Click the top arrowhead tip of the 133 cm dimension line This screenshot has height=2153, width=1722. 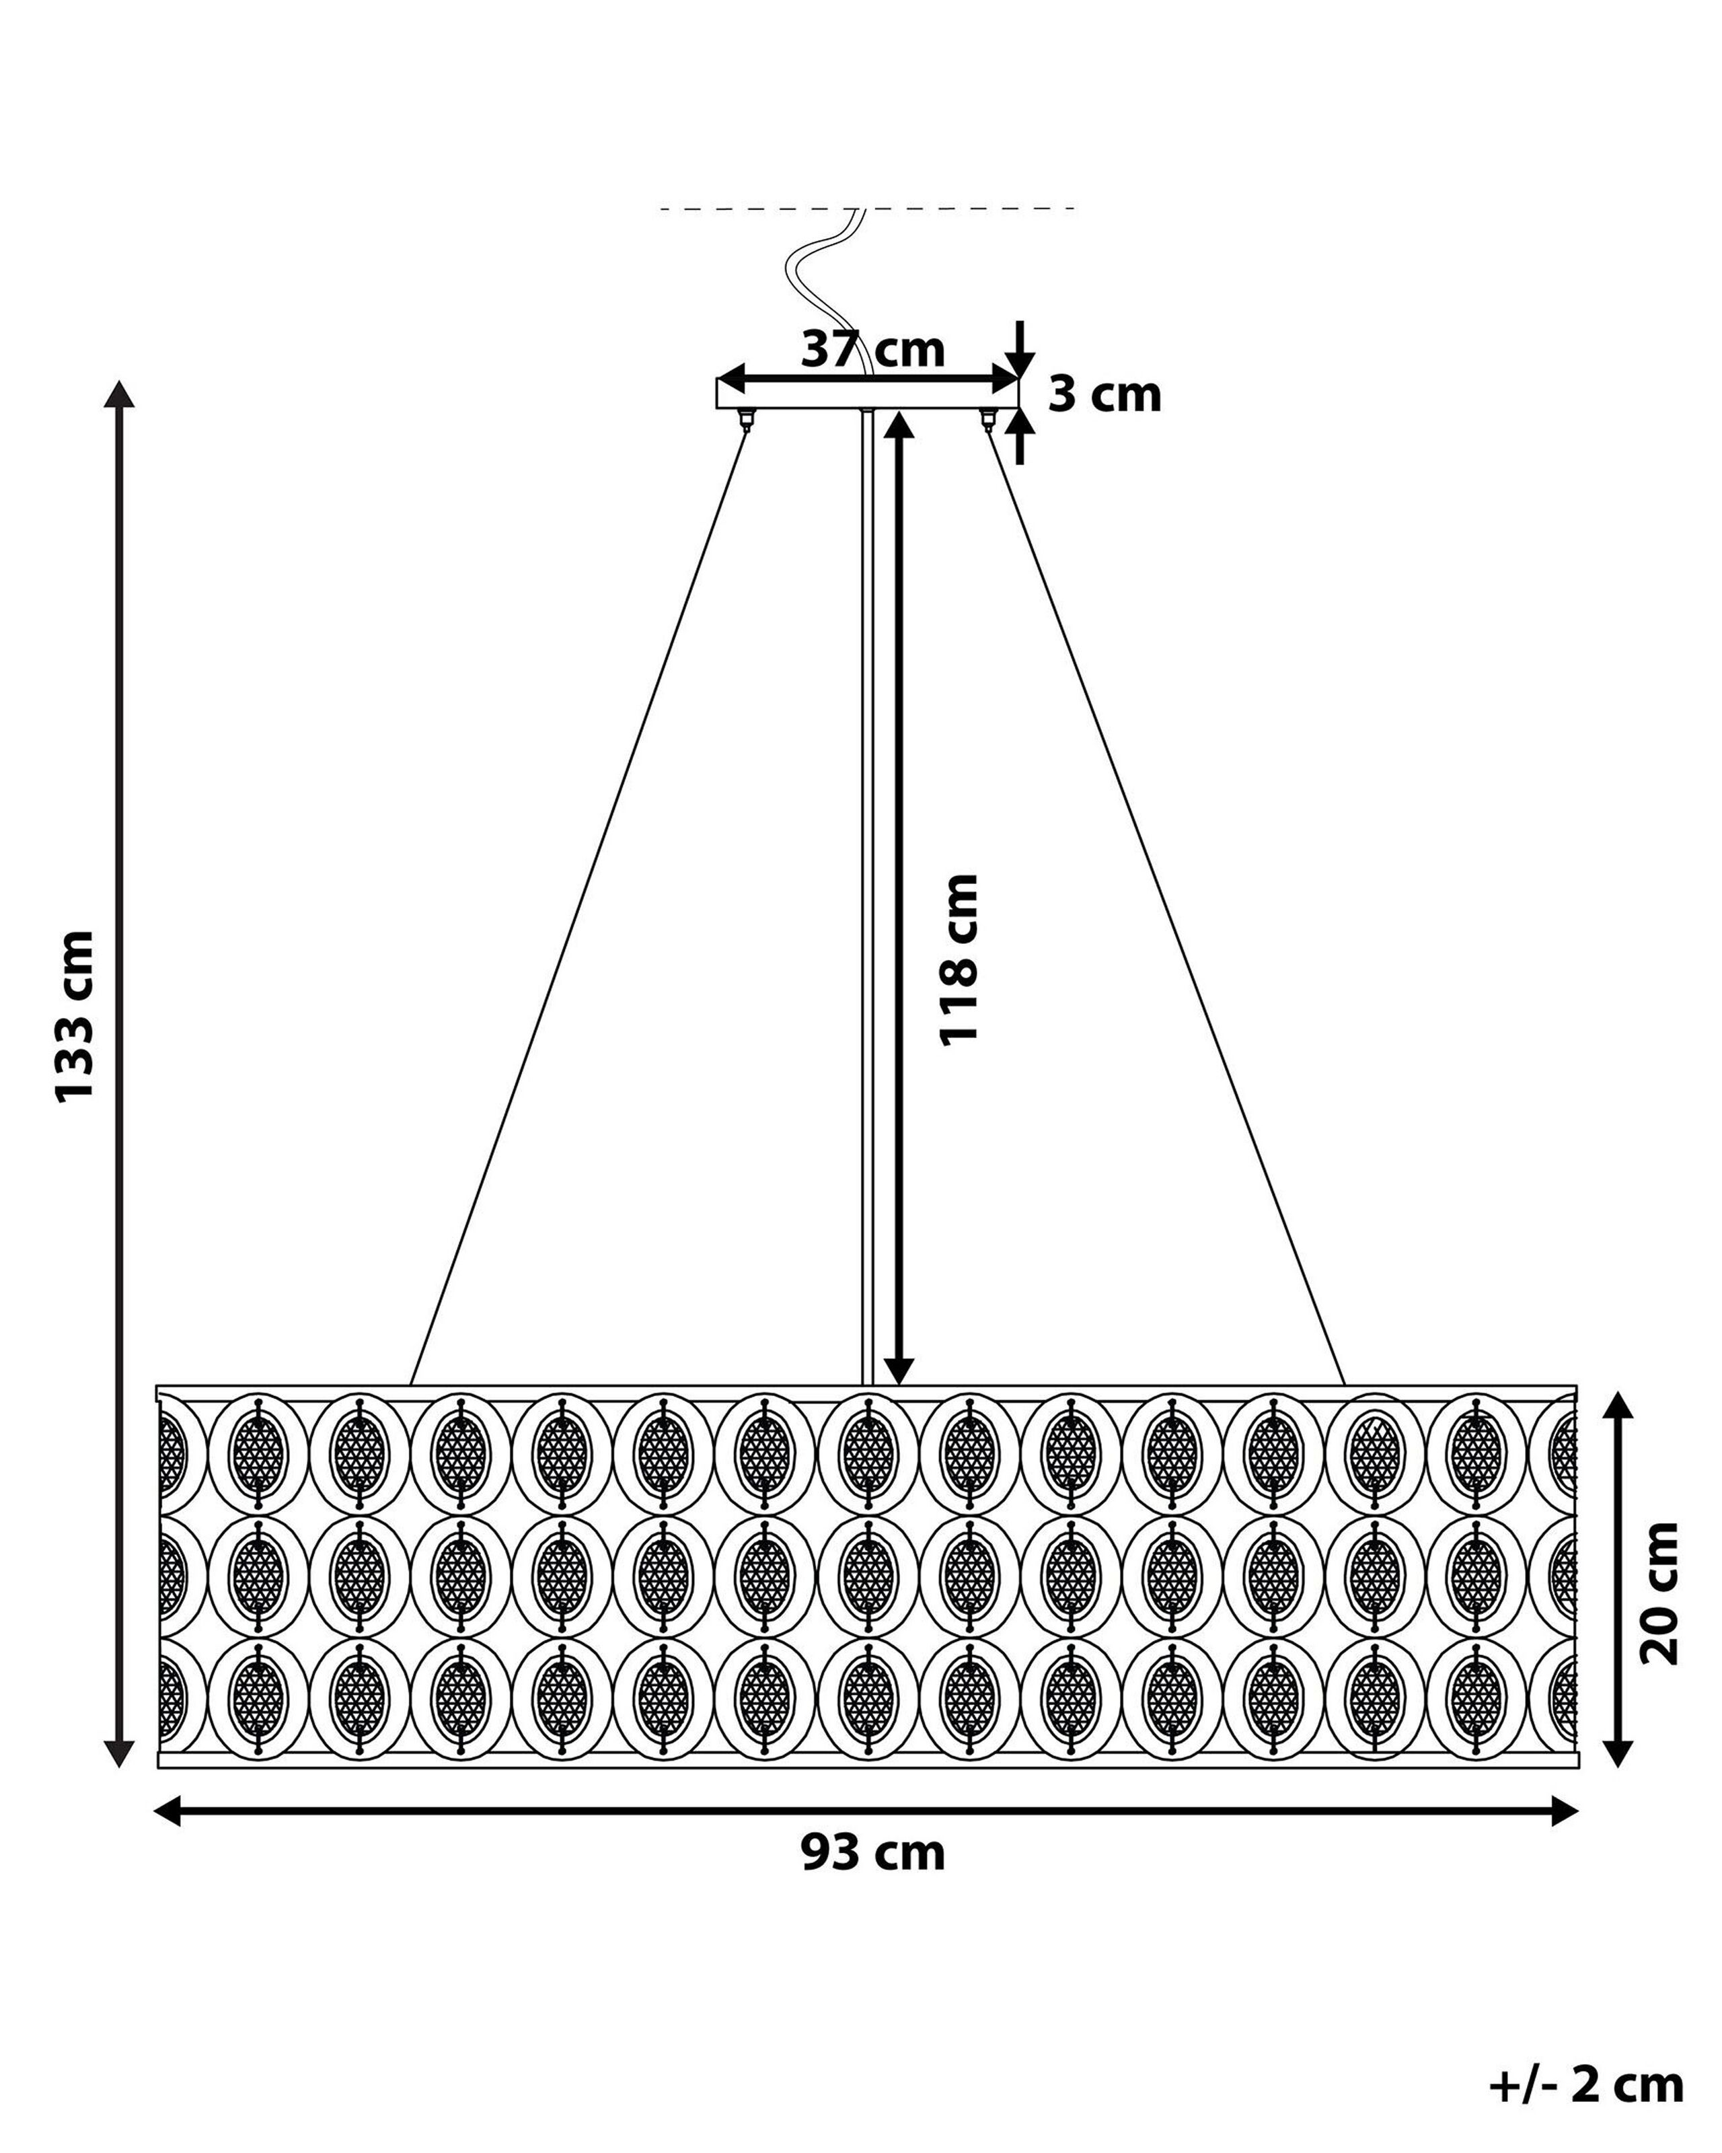click(x=120, y=380)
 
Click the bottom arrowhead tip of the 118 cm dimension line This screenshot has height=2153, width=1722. click(x=899, y=1385)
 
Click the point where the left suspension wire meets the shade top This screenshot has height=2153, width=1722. click(x=411, y=1385)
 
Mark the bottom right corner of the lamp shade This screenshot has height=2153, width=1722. click(x=1578, y=1767)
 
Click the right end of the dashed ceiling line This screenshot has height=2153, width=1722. click(x=1075, y=208)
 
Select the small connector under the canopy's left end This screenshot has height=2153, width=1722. click(x=744, y=417)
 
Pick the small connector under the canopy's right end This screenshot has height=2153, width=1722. click(x=988, y=417)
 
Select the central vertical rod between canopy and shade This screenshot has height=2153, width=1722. click(x=868, y=897)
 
